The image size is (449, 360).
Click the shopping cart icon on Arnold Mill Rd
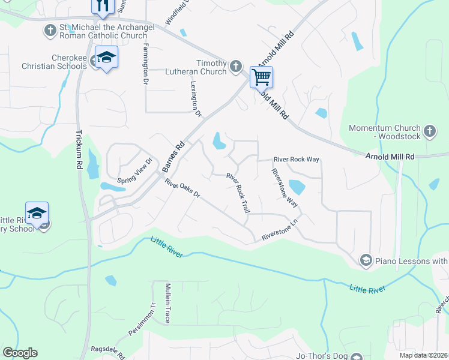(x=261, y=77)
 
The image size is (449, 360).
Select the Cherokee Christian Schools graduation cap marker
(x=106, y=58)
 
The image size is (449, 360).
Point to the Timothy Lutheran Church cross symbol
(x=236, y=65)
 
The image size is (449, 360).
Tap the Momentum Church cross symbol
(x=429, y=131)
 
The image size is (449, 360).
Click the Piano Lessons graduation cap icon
(x=365, y=260)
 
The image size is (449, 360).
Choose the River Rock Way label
(x=296, y=160)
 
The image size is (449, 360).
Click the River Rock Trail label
(x=238, y=194)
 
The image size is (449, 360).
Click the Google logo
(x=20, y=353)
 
